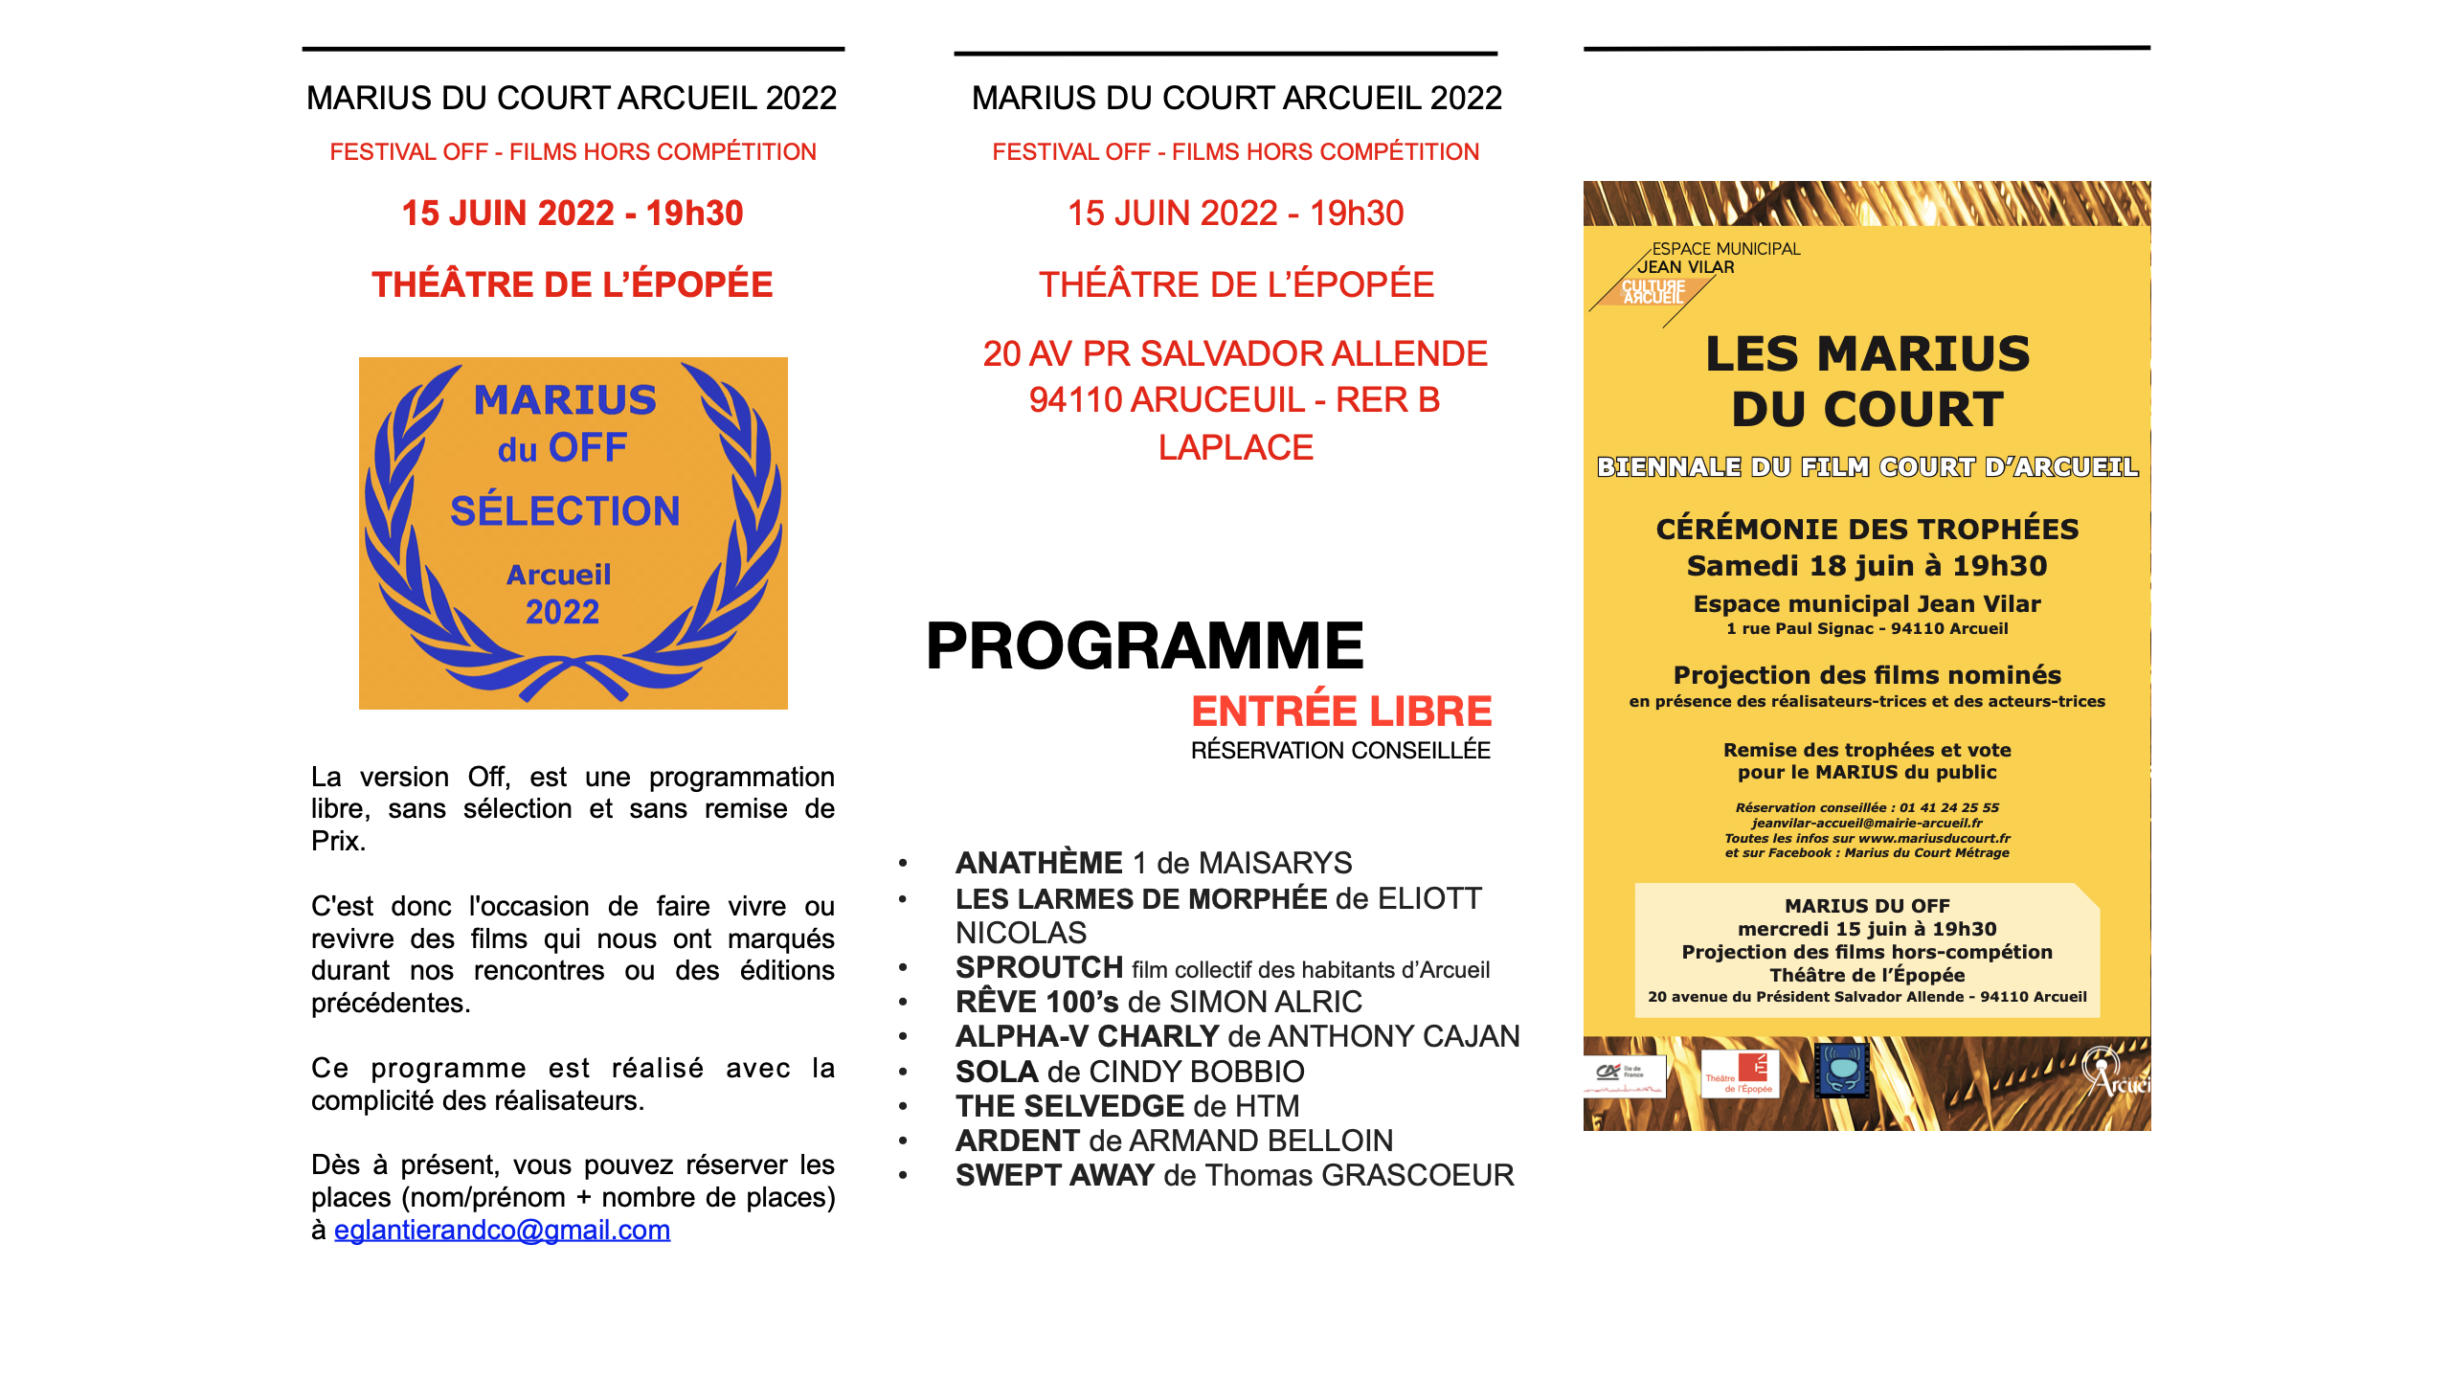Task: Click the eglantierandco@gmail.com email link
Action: coord(502,1230)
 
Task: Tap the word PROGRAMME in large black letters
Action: coord(1144,646)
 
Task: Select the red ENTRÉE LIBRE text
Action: coord(1341,712)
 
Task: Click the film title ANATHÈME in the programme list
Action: coord(1039,863)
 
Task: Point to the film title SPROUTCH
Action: coord(1039,967)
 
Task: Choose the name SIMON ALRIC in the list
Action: coord(1266,1002)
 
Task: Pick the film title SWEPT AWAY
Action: coord(1054,1175)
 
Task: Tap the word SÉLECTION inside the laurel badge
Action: coord(565,511)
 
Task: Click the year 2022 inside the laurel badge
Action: coord(562,612)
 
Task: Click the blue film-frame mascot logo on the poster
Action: coord(1842,1070)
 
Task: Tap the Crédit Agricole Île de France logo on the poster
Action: coord(1624,1074)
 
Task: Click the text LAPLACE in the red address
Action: coord(1235,447)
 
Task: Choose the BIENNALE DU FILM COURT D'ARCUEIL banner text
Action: coord(1867,467)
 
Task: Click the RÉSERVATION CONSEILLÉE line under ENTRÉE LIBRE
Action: coord(1340,751)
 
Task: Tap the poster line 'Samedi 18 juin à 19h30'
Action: coord(1867,566)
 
